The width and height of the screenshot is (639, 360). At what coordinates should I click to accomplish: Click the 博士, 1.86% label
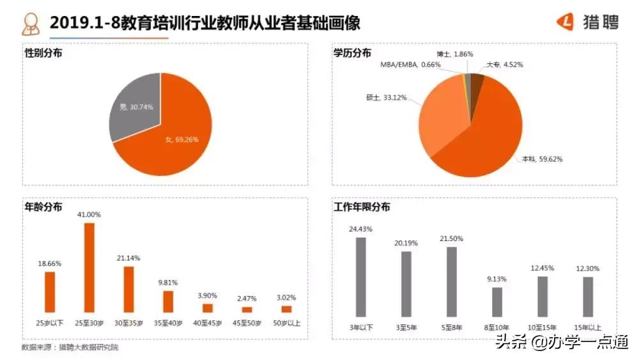[455, 54]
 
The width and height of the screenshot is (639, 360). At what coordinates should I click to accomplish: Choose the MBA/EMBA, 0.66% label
[410, 65]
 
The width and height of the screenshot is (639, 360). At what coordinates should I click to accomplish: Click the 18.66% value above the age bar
[50, 263]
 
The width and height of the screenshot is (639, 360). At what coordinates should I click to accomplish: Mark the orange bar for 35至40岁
[168, 301]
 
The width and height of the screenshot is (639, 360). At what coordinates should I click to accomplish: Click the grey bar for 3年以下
[360, 277]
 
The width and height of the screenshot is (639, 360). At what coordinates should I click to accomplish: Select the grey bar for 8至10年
[497, 302]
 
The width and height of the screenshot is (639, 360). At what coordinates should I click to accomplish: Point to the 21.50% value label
[451, 239]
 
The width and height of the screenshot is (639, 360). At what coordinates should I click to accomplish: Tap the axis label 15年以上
[588, 327]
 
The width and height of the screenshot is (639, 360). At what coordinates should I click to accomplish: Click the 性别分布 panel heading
[43, 53]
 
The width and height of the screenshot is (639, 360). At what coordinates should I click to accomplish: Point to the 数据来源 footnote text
[70, 347]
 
